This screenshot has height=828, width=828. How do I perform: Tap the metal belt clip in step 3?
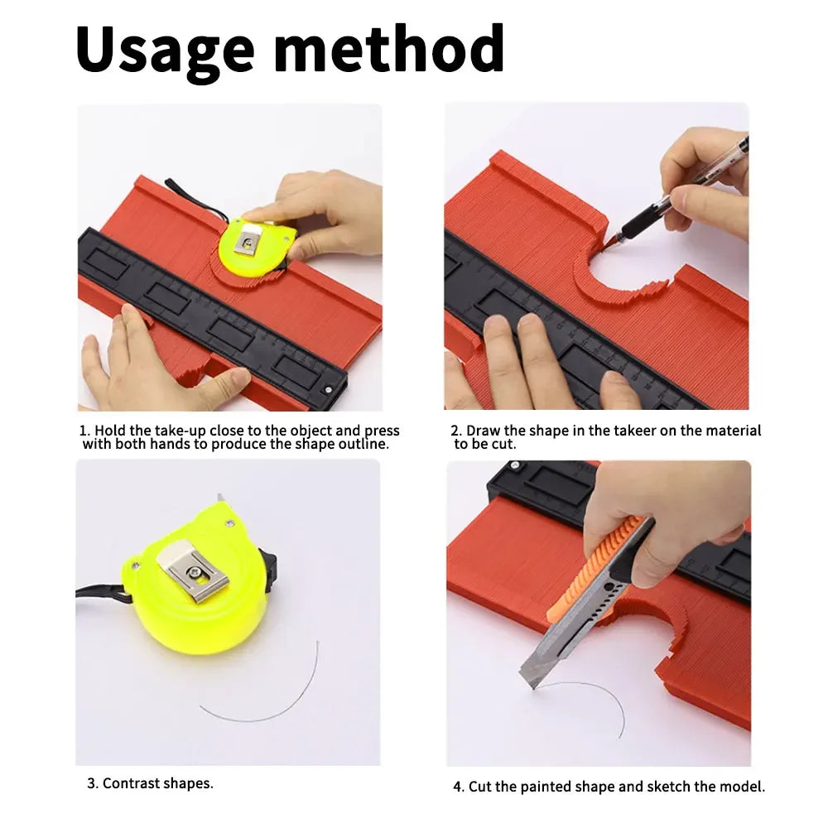[193, 573]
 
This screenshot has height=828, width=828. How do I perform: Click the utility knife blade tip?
[533, 687]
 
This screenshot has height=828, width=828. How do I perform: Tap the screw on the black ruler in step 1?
[328, 390]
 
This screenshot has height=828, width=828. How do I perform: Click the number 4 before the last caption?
[458, 787]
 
